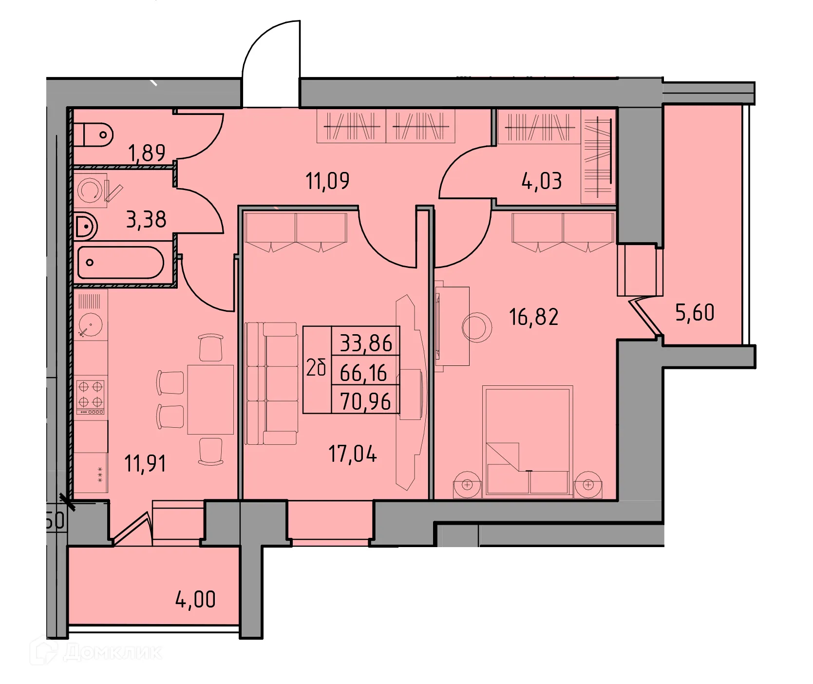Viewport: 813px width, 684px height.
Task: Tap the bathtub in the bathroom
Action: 120,263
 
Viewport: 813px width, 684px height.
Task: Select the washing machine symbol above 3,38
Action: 91,190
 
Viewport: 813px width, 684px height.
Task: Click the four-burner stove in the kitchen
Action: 91,394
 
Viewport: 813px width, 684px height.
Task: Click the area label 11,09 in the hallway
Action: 327,181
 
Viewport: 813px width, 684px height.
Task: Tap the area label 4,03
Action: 541,181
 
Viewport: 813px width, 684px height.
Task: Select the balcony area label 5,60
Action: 695,313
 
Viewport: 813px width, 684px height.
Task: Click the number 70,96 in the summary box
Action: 365,402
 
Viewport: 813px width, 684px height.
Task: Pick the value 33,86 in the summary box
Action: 366,343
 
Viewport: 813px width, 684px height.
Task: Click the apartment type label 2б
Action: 316,368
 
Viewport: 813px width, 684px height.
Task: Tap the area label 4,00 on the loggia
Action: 195,599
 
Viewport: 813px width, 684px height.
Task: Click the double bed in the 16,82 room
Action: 528,441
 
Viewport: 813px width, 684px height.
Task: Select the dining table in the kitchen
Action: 210,399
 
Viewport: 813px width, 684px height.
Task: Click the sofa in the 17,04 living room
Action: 271,383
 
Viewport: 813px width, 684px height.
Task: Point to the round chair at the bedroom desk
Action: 477,327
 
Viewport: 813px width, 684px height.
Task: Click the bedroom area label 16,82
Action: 533,317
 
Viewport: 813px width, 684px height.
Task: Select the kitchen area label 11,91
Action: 145,463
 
